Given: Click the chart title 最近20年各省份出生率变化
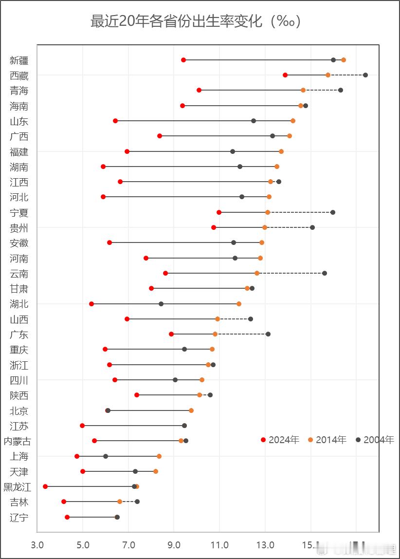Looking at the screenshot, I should (x=196, y=21).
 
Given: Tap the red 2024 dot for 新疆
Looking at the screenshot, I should (x=183, y=60).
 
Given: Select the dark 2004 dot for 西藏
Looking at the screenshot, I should (x=365, y=75).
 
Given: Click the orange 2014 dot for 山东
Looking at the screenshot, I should (x=293, y=121).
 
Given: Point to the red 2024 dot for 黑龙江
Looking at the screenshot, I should (x=45, y=486).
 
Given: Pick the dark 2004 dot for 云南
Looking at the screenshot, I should (x=325, y=273).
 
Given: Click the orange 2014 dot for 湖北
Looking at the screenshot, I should (x=239, y=304).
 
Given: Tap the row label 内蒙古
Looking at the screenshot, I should (x=18, y=441).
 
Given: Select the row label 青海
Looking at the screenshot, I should (x=19, y=91).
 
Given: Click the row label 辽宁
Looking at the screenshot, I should (x=19, y=517).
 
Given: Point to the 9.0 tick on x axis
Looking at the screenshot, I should (x=174, y=544).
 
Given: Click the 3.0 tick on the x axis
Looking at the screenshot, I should (x=37, y=544).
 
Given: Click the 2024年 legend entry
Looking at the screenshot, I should (x=280, y=440).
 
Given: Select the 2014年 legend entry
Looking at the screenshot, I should (x=327, y=440).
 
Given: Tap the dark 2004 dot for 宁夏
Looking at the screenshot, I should (x=333, y=212).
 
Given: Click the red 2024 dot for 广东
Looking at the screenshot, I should (x=171, y=334).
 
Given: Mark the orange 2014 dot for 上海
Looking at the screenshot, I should (x=159, y=456).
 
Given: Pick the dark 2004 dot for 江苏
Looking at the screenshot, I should (x=184, y=426).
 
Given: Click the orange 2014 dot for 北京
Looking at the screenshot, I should (x=191, y=410).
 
